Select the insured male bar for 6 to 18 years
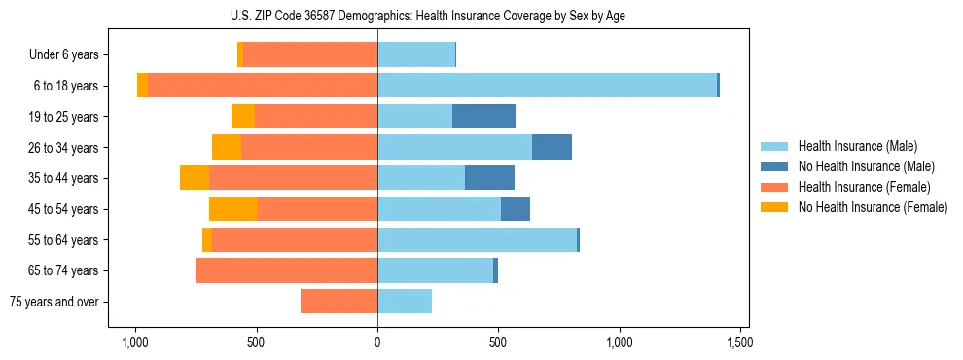(x=547, y=86)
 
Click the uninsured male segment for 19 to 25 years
(x=483, y=117)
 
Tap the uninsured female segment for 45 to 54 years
(x=233, y=209)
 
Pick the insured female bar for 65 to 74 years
(x=286, y=270)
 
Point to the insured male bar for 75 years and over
(x=405, y=302)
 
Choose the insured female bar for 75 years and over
(x=339, y=302)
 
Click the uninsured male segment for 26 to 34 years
(x=552, y=147)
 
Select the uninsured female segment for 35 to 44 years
(x=195, y=178)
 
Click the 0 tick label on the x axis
(x=377, y=342)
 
